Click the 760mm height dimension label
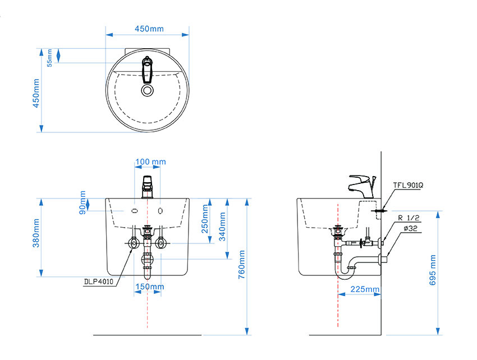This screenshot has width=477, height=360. tap(241, 265)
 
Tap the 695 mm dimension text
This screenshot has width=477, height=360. tap(433, 270)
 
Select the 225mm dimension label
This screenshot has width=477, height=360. tap(365, 289)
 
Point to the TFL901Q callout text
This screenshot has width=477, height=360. tap(408, 185)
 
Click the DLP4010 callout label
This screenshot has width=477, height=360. tap(99, 282)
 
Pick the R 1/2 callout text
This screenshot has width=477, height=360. tap(409, 218)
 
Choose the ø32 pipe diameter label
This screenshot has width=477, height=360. tap(411, 228)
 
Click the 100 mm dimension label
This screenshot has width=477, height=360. tap(150, 161)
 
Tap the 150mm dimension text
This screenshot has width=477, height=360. tap(150, 287)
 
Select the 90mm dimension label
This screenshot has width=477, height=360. tap(82, 202)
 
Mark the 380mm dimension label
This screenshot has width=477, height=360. tap(36, 233)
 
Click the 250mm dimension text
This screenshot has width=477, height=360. tap(205, 219)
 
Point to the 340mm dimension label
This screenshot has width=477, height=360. tap(222, 227)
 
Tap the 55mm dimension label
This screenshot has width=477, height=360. tap(49, 58)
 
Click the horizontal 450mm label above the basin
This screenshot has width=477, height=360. tap(149, 29)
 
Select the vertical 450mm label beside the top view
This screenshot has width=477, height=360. tap(36, 93)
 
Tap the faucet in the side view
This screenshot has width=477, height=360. tap(363, 186)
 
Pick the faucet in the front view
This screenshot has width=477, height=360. tap(148, 187)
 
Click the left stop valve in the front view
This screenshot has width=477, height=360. tap(134, 243)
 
